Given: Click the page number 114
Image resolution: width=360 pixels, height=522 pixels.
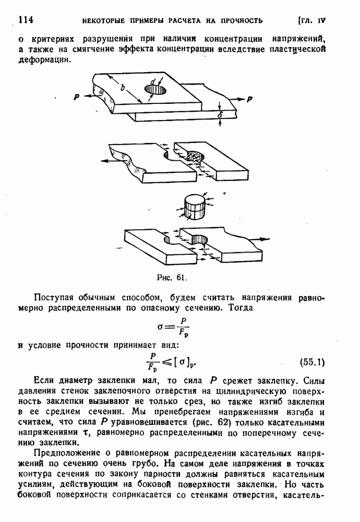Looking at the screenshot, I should click(26, 20).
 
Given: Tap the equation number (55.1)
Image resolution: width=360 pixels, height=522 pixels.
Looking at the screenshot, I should click(313, 361).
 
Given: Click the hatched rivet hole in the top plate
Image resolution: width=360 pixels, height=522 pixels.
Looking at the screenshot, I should click(155, 90).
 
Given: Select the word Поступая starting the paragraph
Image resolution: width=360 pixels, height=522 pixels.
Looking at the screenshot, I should click(56, 298).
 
